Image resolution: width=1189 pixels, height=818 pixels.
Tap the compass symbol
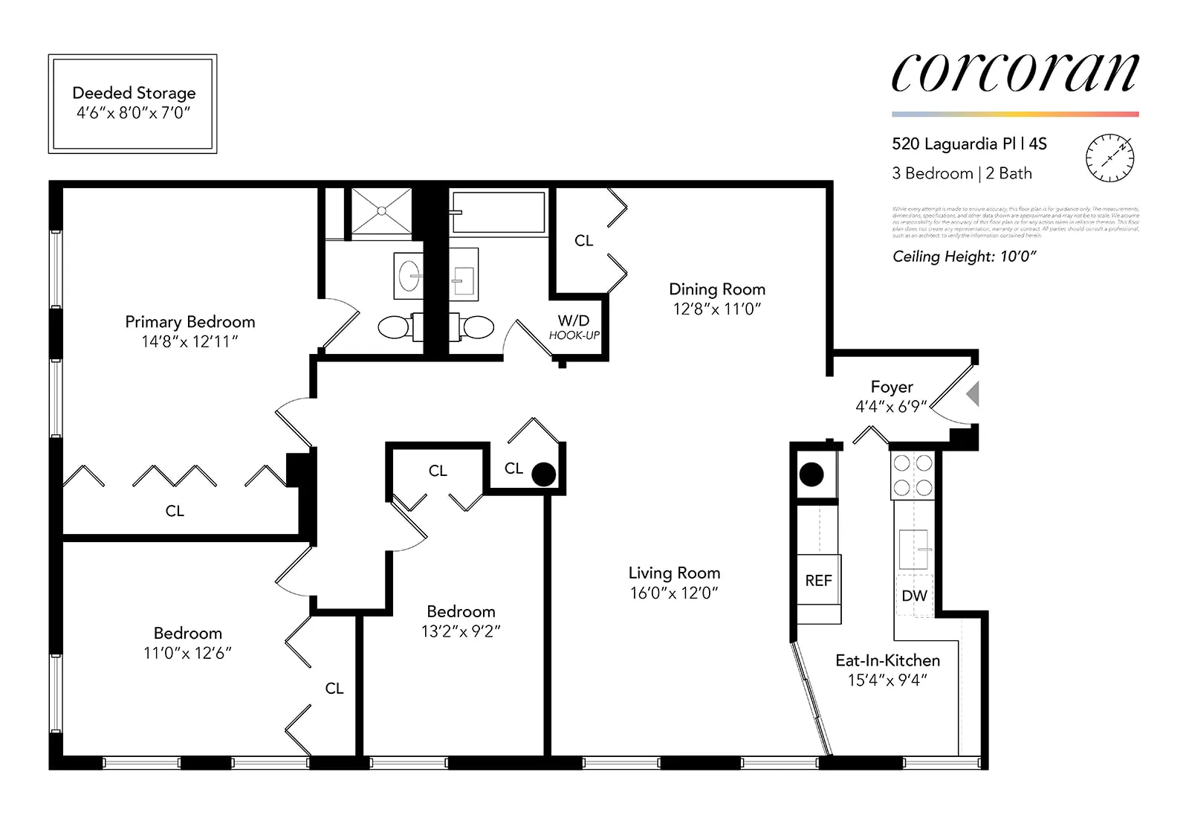(x=1109, y=158)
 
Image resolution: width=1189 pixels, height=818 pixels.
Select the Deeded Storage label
(x=134, y=93)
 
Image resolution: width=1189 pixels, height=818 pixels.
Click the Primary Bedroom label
(x=189, y=322)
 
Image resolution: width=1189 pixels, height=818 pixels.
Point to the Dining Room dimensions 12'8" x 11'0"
(x=717, y=309)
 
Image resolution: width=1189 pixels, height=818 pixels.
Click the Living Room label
(x=674, y=573)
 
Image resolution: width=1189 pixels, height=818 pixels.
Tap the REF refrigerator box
(x=819, y=580)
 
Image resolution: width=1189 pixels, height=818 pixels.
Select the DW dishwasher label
(x=914, y=596)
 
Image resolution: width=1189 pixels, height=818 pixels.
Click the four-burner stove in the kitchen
(x=913, y=476)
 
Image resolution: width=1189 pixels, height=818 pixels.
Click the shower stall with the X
(x=381, y=211)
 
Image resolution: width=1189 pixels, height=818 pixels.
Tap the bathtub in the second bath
(x=499, y=213)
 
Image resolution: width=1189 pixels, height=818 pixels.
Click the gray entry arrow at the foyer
(x=973, y=394)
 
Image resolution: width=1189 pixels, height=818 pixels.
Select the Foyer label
(x=892, y=387)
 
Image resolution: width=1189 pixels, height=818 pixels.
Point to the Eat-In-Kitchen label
(x=887, y=660)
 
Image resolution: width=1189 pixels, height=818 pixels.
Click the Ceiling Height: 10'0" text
(x=964, y=257)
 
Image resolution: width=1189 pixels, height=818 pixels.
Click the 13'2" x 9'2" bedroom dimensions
(x=461, y=631)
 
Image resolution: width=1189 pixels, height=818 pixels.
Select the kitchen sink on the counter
(x=914, y=550)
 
